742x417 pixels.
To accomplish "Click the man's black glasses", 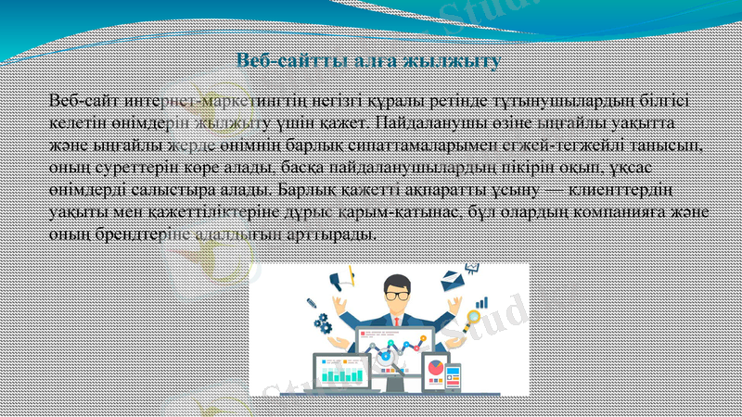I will point(397,295).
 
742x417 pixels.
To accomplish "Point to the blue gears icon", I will point(322,323).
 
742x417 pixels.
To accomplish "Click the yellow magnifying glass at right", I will point(473,320).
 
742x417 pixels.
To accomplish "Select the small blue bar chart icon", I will point(481,302).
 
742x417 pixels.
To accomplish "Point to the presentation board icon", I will point(471,268).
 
